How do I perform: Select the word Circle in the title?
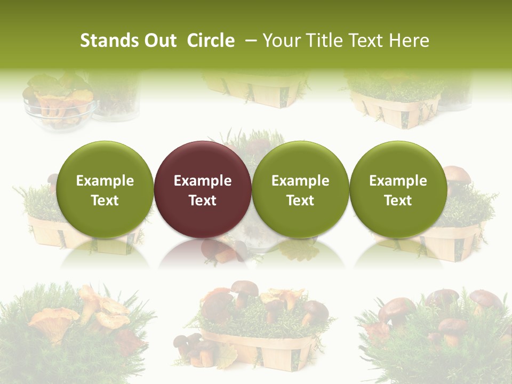(x=211, y=41)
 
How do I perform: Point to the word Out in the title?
(x=159, y=41)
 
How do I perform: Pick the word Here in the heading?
(x=410, y=41)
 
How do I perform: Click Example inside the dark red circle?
(x=203, y=181)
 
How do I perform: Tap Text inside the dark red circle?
(x=203, y=201)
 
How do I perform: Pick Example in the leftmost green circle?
(x=105, y=181)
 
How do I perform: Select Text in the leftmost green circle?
(x=105, y=201)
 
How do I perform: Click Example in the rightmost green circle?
(x=398, y=181)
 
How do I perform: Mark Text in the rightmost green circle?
(x=398, y=201)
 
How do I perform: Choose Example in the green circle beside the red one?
(x=300, y=181)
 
